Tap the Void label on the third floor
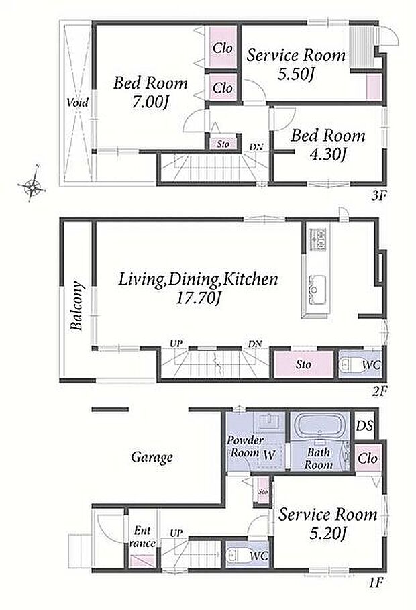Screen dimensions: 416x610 pyautogui.click(x=77, y=103)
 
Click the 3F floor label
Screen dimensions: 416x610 pyautogui.click(x=378, y=195)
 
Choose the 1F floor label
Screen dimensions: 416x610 pyautogui.click(x=376, y=582)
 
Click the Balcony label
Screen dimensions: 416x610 pyautogui.click(x=77, y=306)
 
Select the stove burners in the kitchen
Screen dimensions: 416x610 pyautogui.click(x=317, y=240)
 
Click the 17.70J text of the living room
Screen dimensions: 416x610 pyautogui.click(x=199, y=299)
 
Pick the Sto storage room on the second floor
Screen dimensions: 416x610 pyautogui.click(x=303, y=364)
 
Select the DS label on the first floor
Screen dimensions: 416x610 pyautogui.click(x=364, y=425)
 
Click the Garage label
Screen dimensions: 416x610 pyautogui.click(x=152, y=457)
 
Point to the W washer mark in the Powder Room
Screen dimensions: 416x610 pyautogui.click(x=269, y=455)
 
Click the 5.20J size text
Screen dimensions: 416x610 pyautogui.click(x=327, y=533)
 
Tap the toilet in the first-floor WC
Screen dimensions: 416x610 pyautogui.click(x=236, y=556)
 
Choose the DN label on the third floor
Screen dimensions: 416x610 pyautogui.click(x=256, y=147)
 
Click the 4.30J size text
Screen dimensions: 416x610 pyautogui.click(x=328, y=154)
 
